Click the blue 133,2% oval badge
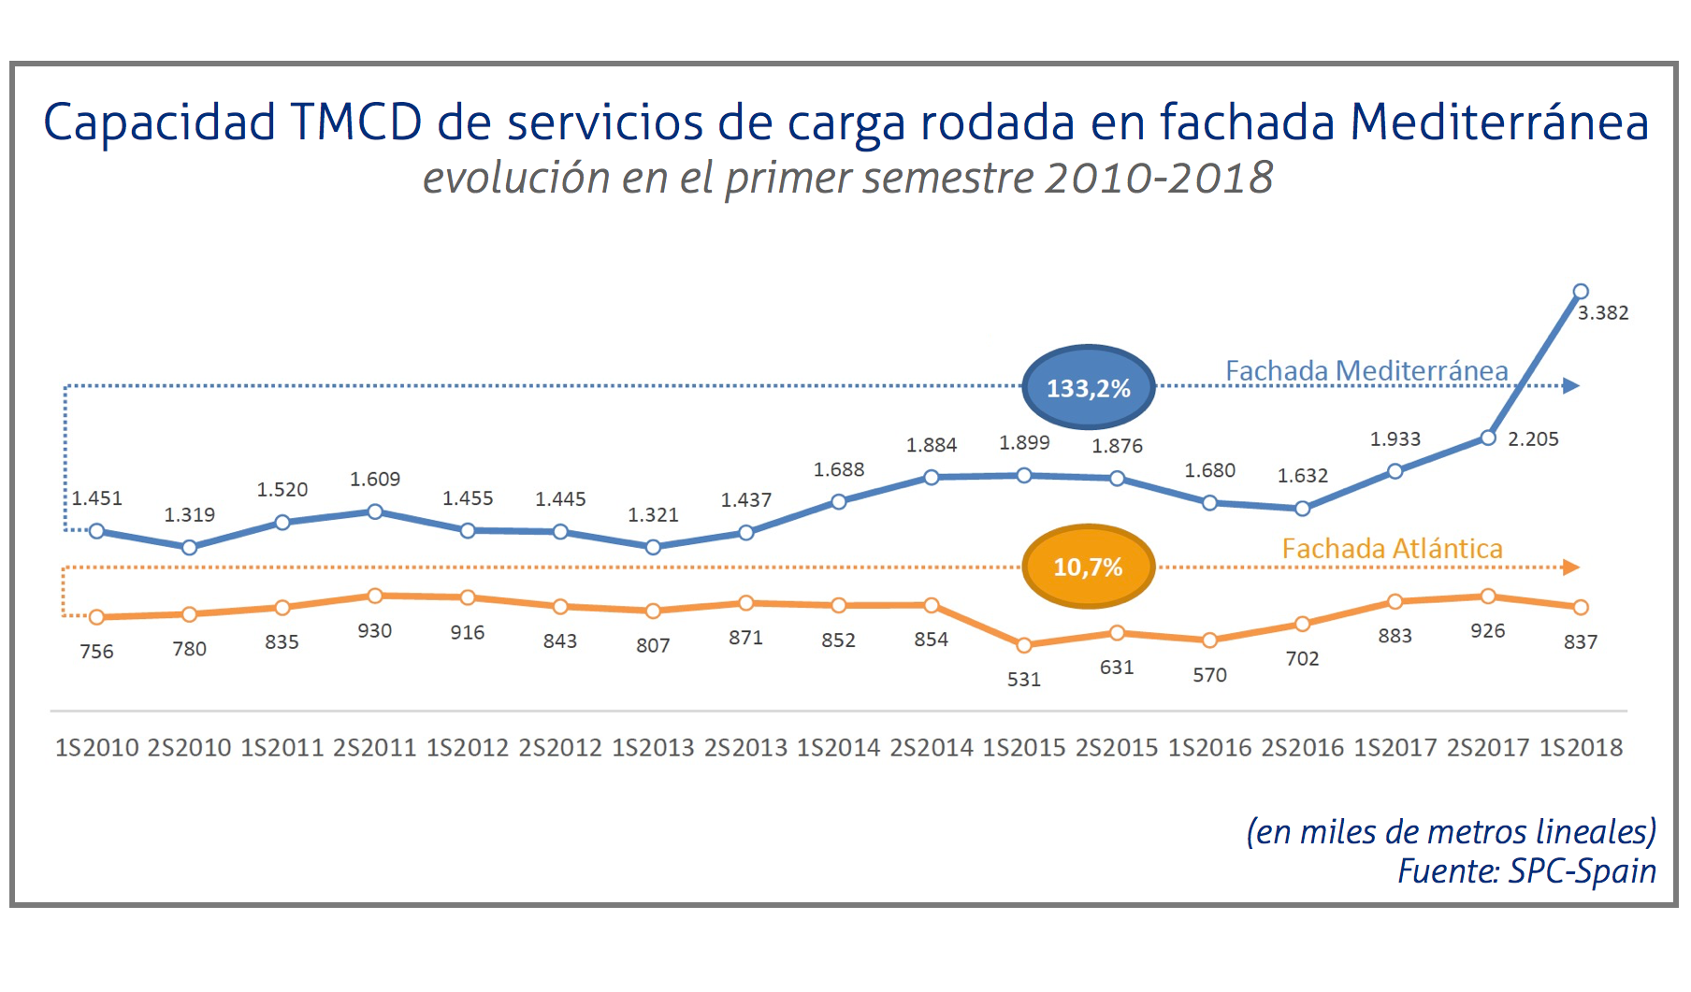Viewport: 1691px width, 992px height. click(x=1088, y=387)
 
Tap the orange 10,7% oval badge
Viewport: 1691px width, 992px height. click(x=1088, y=567)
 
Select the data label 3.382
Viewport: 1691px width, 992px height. click(x=1603, y=313)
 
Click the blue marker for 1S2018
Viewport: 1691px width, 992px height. click(x=1581, y=292)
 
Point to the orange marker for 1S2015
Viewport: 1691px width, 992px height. click(x=1024, y=645)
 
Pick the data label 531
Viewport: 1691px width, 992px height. click(x=1024, y=680)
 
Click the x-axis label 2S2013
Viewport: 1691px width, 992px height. click(x=745, y=748)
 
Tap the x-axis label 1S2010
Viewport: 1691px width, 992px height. click(x=96, y=748)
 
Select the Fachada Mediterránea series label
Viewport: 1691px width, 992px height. click(x=1366, y=371)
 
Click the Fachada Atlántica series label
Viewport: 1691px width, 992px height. click(x=1392, y=549)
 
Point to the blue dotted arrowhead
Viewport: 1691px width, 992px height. click(x=1571, y=386)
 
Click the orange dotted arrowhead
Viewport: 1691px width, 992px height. click(x=1571, y=568)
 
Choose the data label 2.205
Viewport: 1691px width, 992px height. click(x=1533, y=439)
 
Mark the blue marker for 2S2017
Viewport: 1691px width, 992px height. click(x=1488, y=438)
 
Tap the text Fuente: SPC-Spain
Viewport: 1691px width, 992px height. click(x=1526, y=871)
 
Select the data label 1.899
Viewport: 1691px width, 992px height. click(x=1024, y=443)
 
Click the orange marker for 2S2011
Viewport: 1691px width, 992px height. click(x=375, y=596)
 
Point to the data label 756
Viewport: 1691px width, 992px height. click(x=96, y=652)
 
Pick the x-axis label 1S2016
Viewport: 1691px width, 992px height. click(x=1209, y=748)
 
